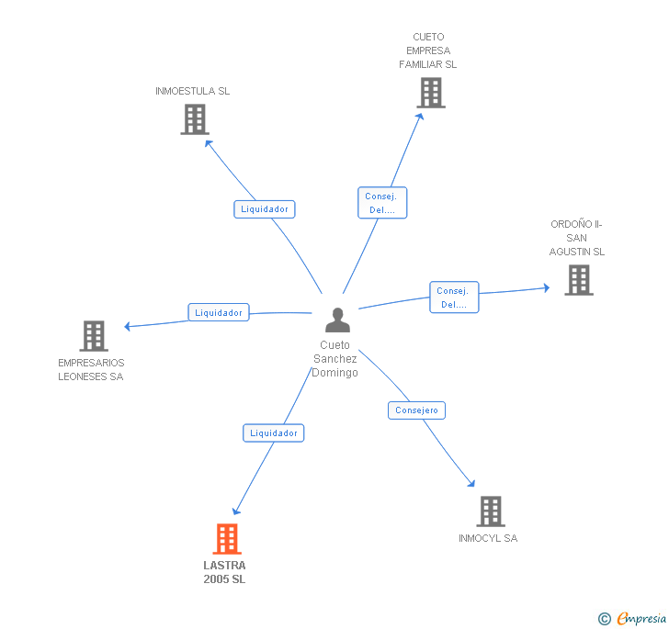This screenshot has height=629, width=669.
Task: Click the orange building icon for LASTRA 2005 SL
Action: click(227, 539)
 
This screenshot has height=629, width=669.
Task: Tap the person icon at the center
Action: click(338, 320)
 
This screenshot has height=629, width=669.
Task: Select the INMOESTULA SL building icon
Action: click(195, 119)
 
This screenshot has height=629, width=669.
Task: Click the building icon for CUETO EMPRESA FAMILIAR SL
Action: click(430, 93)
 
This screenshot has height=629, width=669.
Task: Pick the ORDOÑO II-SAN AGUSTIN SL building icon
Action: click(578, 280)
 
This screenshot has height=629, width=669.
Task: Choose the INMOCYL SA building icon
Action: click(491, 511)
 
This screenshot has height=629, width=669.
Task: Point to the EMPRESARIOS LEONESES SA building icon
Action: click(94, 336)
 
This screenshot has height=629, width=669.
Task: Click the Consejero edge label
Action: click(416, 410)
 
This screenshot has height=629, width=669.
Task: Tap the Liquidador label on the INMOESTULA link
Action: click(265, 209)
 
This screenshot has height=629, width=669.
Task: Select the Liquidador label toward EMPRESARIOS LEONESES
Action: click(219, 313)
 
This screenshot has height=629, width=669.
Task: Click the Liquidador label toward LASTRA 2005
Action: click(273, 432)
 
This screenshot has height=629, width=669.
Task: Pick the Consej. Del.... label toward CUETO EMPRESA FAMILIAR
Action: click(381, 203)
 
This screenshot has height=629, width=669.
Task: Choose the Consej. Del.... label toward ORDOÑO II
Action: click(454, 298)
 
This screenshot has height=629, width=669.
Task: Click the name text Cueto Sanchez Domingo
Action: click(335, 359)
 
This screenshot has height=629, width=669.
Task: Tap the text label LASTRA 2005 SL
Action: click(225, 572)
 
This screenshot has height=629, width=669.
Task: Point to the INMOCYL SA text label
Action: click(488, 538)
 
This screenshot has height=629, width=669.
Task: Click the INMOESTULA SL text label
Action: click(193, 91)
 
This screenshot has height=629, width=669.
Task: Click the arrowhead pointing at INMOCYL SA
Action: click(471, 483)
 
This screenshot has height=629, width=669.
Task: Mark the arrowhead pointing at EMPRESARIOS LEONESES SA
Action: click(129, 326)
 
